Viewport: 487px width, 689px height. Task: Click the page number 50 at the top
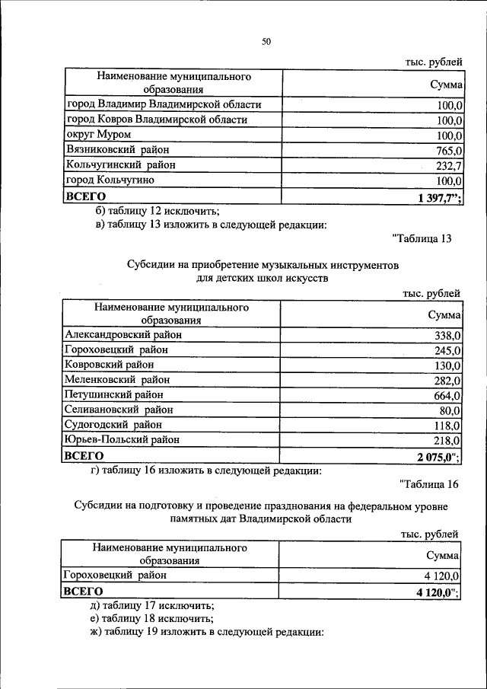pyautogui.click(x=266, y=42)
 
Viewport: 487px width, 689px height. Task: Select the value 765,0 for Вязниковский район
pyautogui.click(x=448, y=151)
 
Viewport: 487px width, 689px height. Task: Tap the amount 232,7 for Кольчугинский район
pyautogui.click(x=448, y=166)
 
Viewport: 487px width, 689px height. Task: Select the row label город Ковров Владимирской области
pyautogui.click(x=157, y=120)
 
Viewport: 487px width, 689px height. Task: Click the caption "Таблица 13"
pyautogui.click(x=422, y=238)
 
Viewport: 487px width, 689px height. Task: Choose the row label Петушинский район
pyautogui.click(x=113, y=395)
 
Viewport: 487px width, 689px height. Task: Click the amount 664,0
pyautogui.click(x=447, y=395)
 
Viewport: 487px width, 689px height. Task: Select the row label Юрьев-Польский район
pyautogui.click(x=123, y=440)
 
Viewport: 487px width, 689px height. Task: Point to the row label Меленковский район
pyautogui.click(x=117, y=380)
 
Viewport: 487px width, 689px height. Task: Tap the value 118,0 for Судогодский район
pyautogui.click(x=447, y=426)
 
